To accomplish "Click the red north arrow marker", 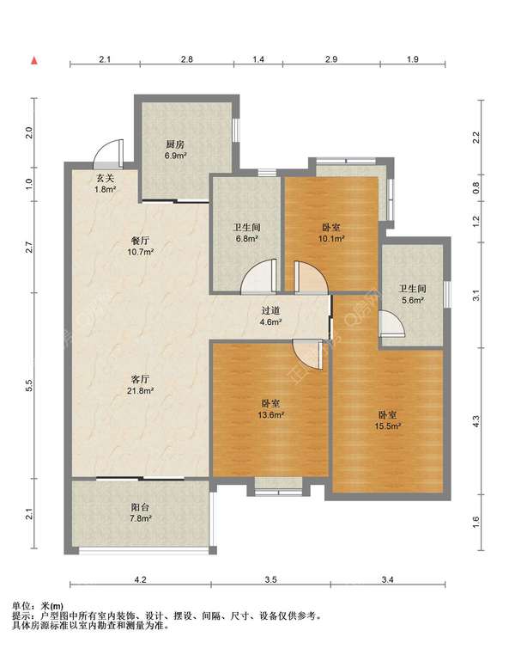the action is tap(34, 61).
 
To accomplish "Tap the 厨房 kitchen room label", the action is tap(175, 144).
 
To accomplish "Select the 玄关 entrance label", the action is tap(105, 179).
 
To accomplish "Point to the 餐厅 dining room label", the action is tap(141, 241).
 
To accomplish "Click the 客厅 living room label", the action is tap(141, 379).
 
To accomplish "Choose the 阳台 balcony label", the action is tap(140, 507).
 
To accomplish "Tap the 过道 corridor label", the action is tap(271, 310).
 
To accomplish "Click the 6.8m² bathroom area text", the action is tap(246, 238).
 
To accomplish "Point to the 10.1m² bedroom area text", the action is tap(331, 238).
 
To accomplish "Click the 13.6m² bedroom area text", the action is tap(270, 414).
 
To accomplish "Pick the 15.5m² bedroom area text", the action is tap(388, 426).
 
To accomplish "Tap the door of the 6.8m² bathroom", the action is tap(258, 277).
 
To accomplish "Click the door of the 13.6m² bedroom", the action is tap(306, 354).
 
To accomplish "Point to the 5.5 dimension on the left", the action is tap(28, 385).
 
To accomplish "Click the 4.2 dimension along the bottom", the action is tap(141, 580).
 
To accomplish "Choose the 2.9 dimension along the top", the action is tap(331, 59).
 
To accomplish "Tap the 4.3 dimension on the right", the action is tap(476, 421).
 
